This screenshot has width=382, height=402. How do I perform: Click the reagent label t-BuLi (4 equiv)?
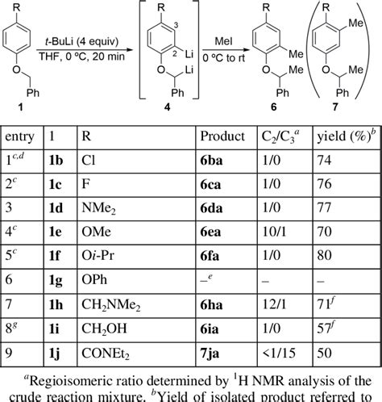click(x=81, y=42)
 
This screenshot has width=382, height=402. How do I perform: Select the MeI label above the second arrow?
click(x=223, y=41)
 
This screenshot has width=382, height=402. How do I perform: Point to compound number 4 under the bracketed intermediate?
click(x=167, y=107)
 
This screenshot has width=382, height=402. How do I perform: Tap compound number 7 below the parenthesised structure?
click(x=335, y=107)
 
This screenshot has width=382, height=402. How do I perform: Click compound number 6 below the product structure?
click(x=273, y=107)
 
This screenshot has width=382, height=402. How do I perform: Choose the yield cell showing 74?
click(x=324, y=161)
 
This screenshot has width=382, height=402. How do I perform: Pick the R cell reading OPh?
click(x=94, y=279)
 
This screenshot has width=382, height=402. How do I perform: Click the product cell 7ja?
click(x=210, y=354)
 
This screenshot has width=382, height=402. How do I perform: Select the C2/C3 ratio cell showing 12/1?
click(x=274, y=304)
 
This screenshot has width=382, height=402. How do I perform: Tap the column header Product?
click(x=222, y=136)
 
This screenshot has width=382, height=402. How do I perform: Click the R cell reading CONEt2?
click(x=106, y=354)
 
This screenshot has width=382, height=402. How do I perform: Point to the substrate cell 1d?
click(x=56, y=208)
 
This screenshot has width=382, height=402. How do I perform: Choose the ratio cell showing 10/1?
click(x=274, y=232)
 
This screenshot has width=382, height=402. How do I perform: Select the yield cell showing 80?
click(x=324, y=255)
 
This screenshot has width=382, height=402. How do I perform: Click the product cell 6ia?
click(x=210, y=329)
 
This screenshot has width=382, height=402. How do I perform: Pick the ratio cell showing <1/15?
click(x=279, y=353)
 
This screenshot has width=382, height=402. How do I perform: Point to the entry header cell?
click(x=20, y=136)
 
